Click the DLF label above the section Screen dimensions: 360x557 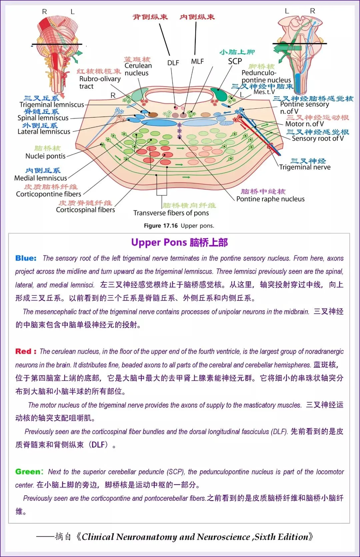tap(173, 63)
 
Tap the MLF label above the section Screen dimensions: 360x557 tap(197, 61)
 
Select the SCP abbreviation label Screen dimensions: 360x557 tap(235, 61)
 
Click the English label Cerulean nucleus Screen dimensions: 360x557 tap(138, 69)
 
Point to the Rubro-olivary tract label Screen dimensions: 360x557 tap(100, 82)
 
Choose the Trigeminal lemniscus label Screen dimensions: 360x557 tap(52, 105)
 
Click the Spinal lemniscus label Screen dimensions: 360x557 tap(43, 118)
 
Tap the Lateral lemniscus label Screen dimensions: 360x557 tap(44, 132)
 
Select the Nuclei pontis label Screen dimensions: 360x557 tap(46, 156)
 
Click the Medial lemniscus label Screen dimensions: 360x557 tap(40, 178)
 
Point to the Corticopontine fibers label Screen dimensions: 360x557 tap(49, 194)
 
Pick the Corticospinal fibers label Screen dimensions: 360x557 tap(85, 210)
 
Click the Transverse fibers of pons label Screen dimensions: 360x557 tap(171, 213)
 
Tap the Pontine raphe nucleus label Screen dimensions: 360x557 tap(270, 199)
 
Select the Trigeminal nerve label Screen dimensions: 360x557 tap(305, 167)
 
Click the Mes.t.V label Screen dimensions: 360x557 tap(264, 92)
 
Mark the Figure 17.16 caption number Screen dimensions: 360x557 tap(161, 226)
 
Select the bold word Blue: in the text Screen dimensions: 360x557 tap(26, 258)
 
